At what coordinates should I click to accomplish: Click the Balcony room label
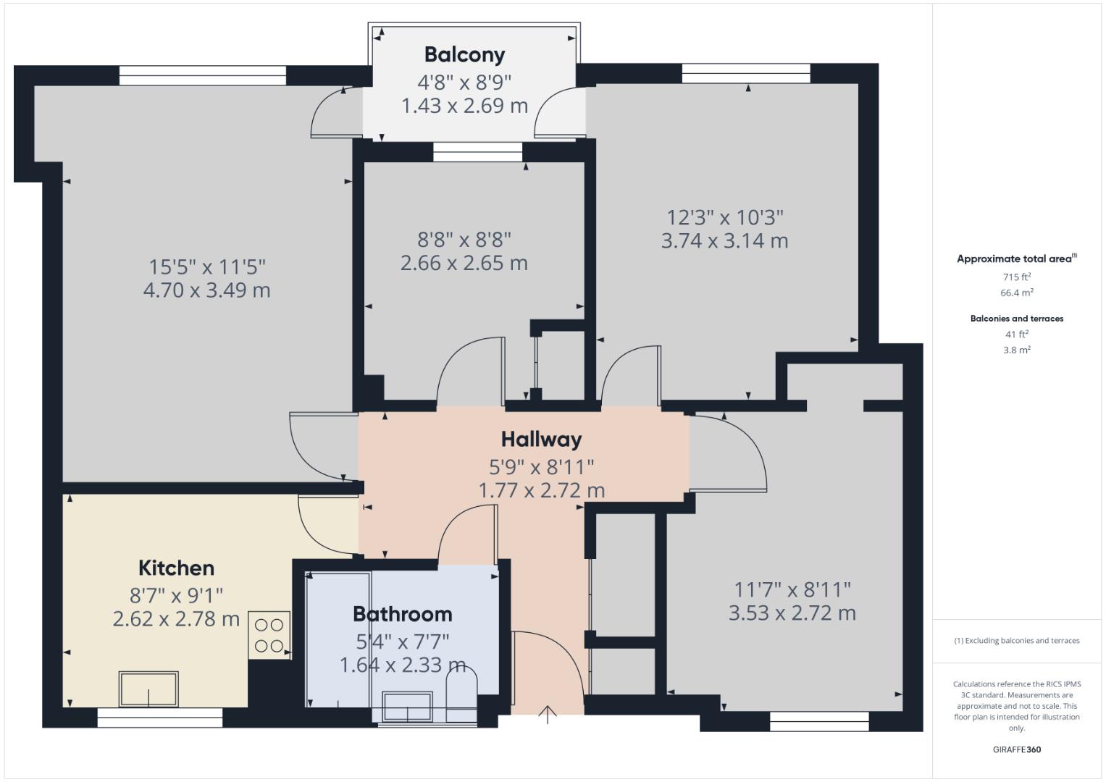coord(464,54)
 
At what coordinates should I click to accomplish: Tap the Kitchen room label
coord(176,568)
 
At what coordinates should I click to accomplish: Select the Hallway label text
coord(541,440)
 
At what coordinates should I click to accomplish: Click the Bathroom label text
coord(402,614)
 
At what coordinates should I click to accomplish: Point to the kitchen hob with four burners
coord(269,635)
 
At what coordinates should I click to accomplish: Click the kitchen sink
coord(148,689)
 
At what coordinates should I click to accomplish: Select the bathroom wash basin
coord(407,706)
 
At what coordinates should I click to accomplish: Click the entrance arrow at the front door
coord(548,714)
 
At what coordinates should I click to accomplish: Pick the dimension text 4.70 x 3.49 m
coord(206,290)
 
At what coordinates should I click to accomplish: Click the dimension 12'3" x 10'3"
coord(724,217)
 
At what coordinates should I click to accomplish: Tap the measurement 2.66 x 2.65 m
coord(464,263)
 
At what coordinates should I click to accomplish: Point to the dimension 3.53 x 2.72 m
coord(792,613)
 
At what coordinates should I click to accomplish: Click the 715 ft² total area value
coord(1016,277)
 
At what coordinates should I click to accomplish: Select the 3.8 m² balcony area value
coord(1016,350)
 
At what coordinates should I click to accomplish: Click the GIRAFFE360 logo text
coord(1016,749)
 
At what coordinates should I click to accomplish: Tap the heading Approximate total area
coord(1016,258)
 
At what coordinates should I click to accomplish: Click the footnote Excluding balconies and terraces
coord(1016,641)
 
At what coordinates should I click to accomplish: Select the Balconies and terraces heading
coord(1016,319)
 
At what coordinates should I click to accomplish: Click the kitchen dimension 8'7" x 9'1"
coord(176,595)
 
